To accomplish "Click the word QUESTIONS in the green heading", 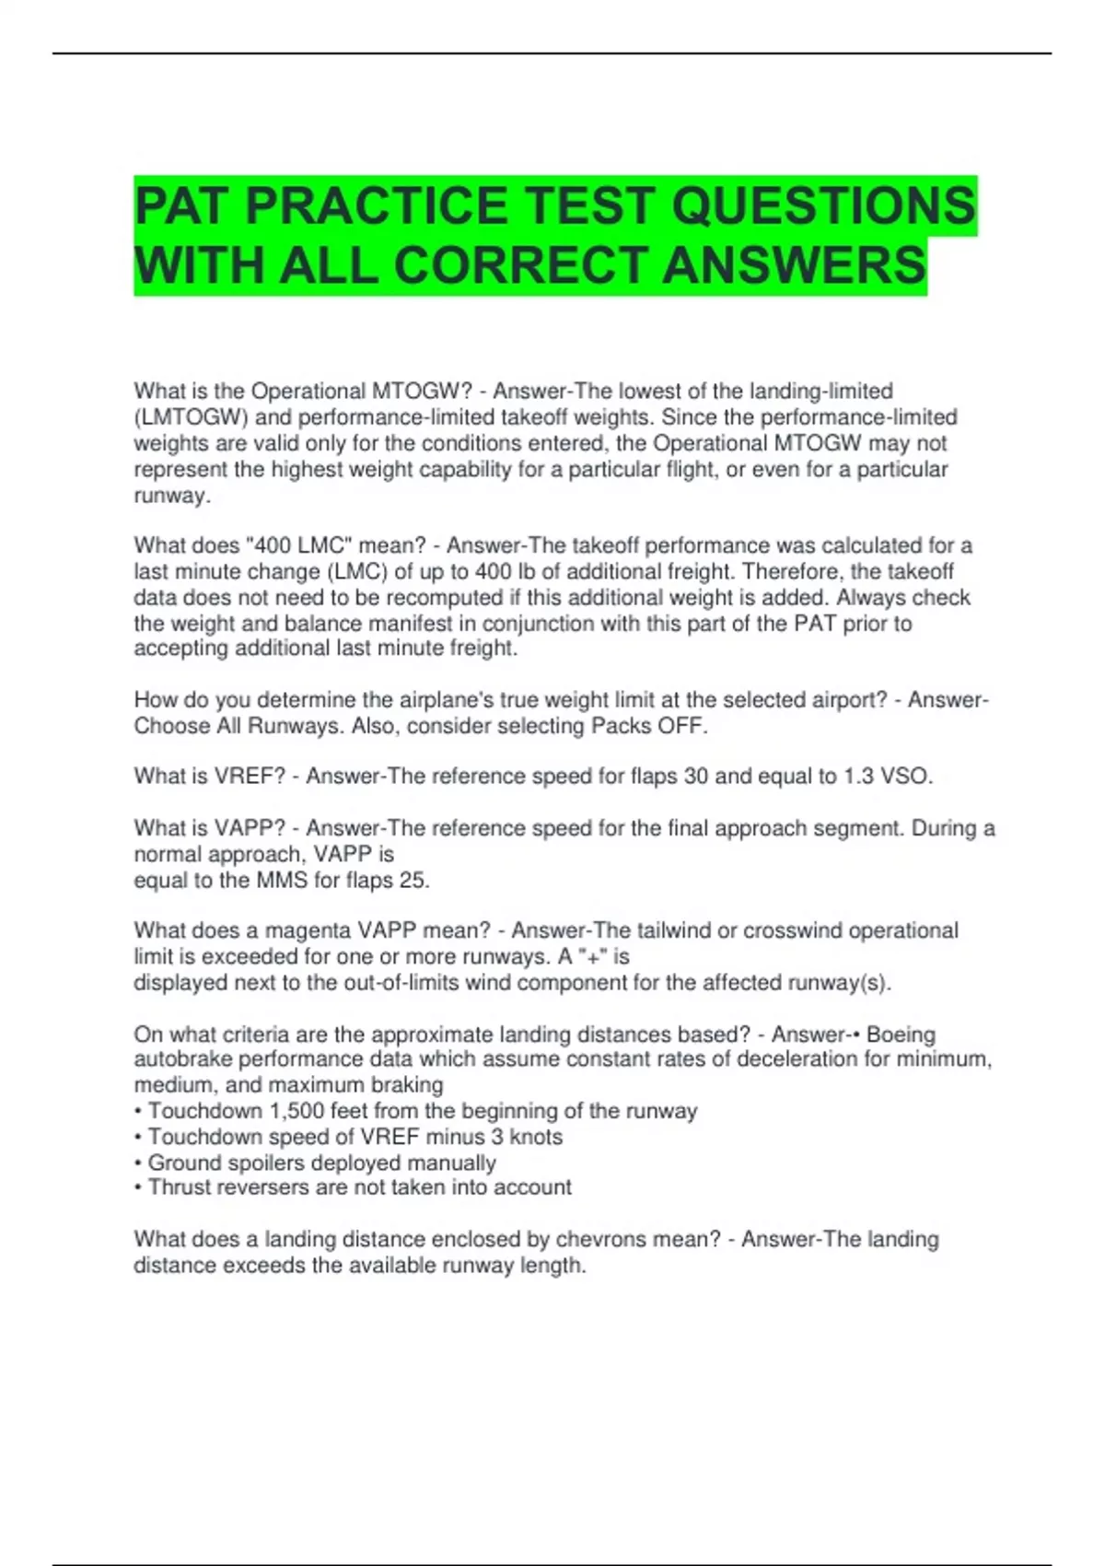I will (x=823, y=205).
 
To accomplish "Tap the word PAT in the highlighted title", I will (x=183, y=205).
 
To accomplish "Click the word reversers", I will (x=267, y=1187).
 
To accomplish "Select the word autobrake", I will (x=182, y=1059).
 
